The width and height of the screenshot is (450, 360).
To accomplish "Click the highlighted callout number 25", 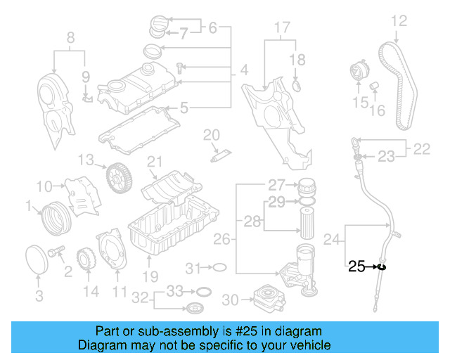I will [356, 266].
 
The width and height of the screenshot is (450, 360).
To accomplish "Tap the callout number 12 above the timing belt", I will [398, 21].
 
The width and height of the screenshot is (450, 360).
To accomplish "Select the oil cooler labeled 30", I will [264, 299].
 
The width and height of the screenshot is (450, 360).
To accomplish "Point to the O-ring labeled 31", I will [219, 267].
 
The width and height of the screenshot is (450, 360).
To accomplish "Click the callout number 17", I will [281, 28].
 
